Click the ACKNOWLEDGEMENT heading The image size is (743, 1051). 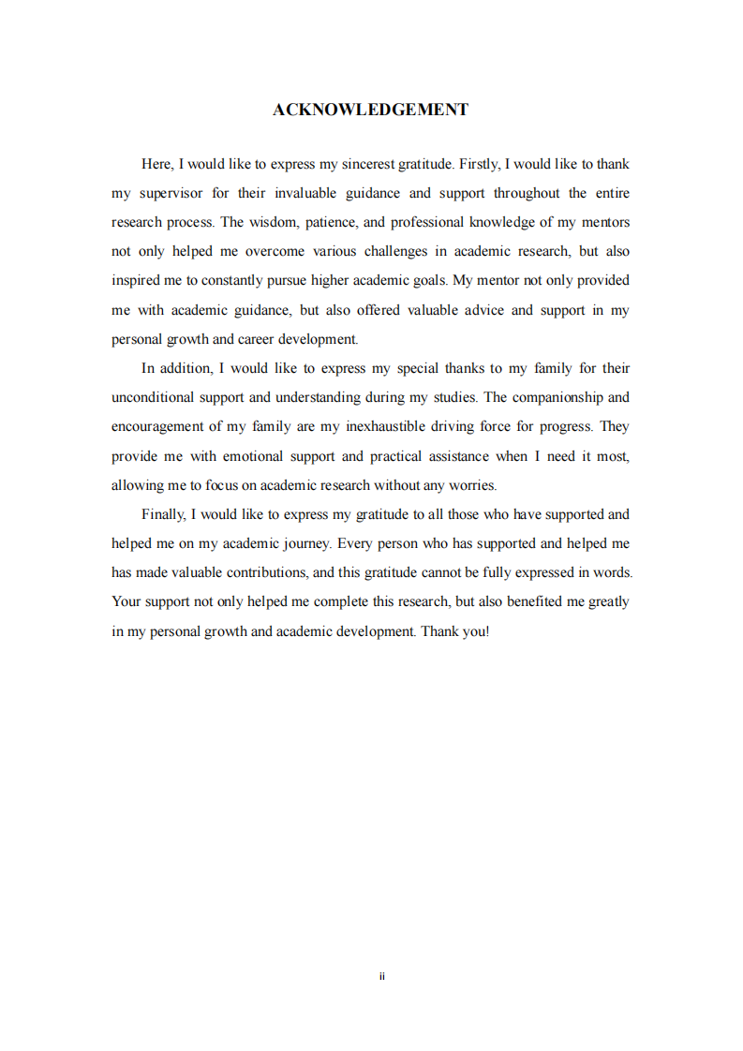(x=370, y=110)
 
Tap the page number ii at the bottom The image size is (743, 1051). (x=382, y=976)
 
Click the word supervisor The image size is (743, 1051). (x=171, y=193)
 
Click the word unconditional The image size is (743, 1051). (x=151, y=397)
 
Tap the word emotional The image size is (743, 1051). (x=260, y=456)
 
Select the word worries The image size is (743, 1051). (x=473, y=485)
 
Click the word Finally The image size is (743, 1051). (x=165, y=514)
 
